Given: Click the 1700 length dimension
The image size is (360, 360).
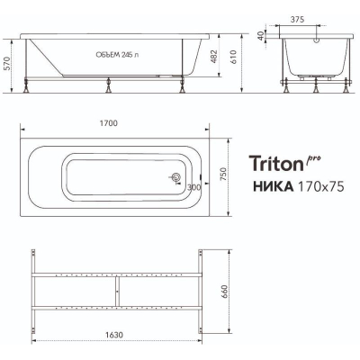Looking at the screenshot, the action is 109,123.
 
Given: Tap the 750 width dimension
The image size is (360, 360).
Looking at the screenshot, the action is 224,174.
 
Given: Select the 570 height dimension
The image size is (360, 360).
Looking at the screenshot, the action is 7,63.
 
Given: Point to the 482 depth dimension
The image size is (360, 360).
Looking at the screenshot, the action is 213,56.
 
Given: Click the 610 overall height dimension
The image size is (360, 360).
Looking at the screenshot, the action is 234,57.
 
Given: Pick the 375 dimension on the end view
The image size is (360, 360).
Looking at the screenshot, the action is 297,20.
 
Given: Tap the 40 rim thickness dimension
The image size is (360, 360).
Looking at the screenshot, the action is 260,36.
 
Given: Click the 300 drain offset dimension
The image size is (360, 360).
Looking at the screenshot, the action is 194,188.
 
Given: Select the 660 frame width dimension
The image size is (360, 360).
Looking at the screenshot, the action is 224,292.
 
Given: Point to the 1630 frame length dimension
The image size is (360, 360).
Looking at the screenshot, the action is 114,335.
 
